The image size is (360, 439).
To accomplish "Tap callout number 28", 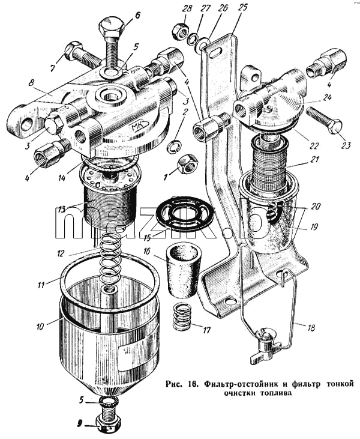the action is click(187, 8).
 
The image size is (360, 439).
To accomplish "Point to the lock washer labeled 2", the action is click(175, 146).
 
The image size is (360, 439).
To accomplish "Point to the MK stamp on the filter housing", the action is click(139, 127).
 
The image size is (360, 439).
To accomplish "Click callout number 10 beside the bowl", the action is click(40, 326).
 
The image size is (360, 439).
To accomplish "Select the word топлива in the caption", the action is click(275, 393).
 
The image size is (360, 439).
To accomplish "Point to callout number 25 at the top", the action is click(243, 7).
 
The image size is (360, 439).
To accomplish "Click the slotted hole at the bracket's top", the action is click(217, 52).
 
